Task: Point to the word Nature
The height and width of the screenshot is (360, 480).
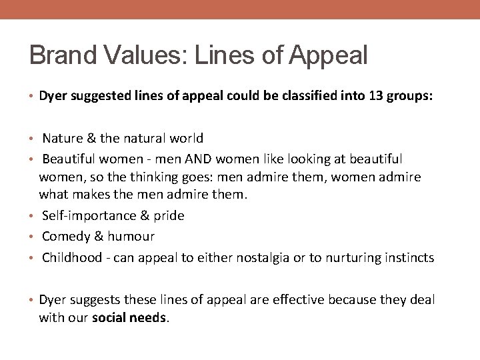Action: (x=62, y=139)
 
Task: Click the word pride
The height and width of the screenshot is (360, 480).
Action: (x=169, y=216)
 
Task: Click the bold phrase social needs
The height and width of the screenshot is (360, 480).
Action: (x=130, y=318)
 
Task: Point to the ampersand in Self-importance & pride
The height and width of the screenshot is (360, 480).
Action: (x=143, y=215)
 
